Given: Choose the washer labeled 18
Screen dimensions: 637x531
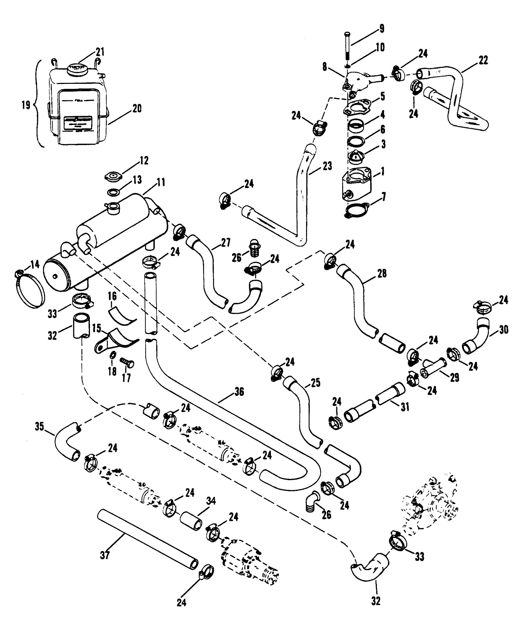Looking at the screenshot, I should click(x=112, y=355).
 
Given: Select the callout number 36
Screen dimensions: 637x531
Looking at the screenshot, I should click(x=239, y=392).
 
